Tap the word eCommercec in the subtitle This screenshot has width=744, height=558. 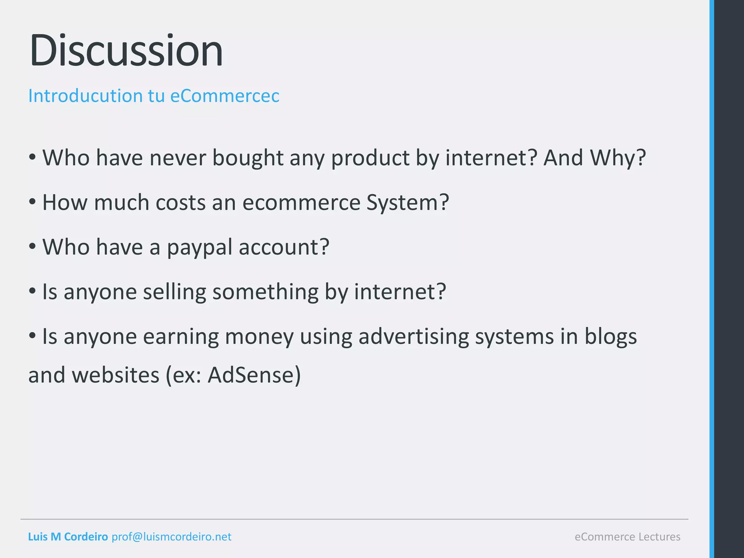coord(225,96)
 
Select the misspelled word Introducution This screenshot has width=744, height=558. coord(85,96)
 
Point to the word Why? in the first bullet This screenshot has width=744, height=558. coord(618,158)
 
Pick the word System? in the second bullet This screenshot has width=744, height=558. coord(408,202)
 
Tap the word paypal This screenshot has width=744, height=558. coord(199,248)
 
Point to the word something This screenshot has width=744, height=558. coord(265,292)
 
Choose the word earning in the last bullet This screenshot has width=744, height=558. coord(181,337)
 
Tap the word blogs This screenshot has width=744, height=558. coord(610,337)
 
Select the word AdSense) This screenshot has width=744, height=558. coord(254,375)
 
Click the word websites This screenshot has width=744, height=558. coord(116,375)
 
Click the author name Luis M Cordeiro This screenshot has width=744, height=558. coord(68,537)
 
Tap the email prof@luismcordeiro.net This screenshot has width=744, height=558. coord(171,537)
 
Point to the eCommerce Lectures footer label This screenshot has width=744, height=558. coord(627,537)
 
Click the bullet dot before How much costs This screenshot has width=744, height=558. coord(32,202)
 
